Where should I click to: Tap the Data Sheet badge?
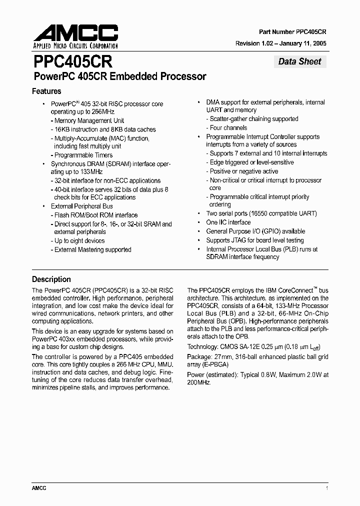(300, 61)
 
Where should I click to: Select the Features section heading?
(46, 91)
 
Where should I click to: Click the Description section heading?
(51, 279)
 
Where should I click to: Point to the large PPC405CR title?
(72, 62)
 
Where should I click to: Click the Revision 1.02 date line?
(281, 43)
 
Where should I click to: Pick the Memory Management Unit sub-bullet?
(89, 120)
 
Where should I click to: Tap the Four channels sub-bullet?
(229, 127)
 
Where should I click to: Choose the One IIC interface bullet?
(228, 222)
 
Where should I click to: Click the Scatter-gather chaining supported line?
(253, 119)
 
